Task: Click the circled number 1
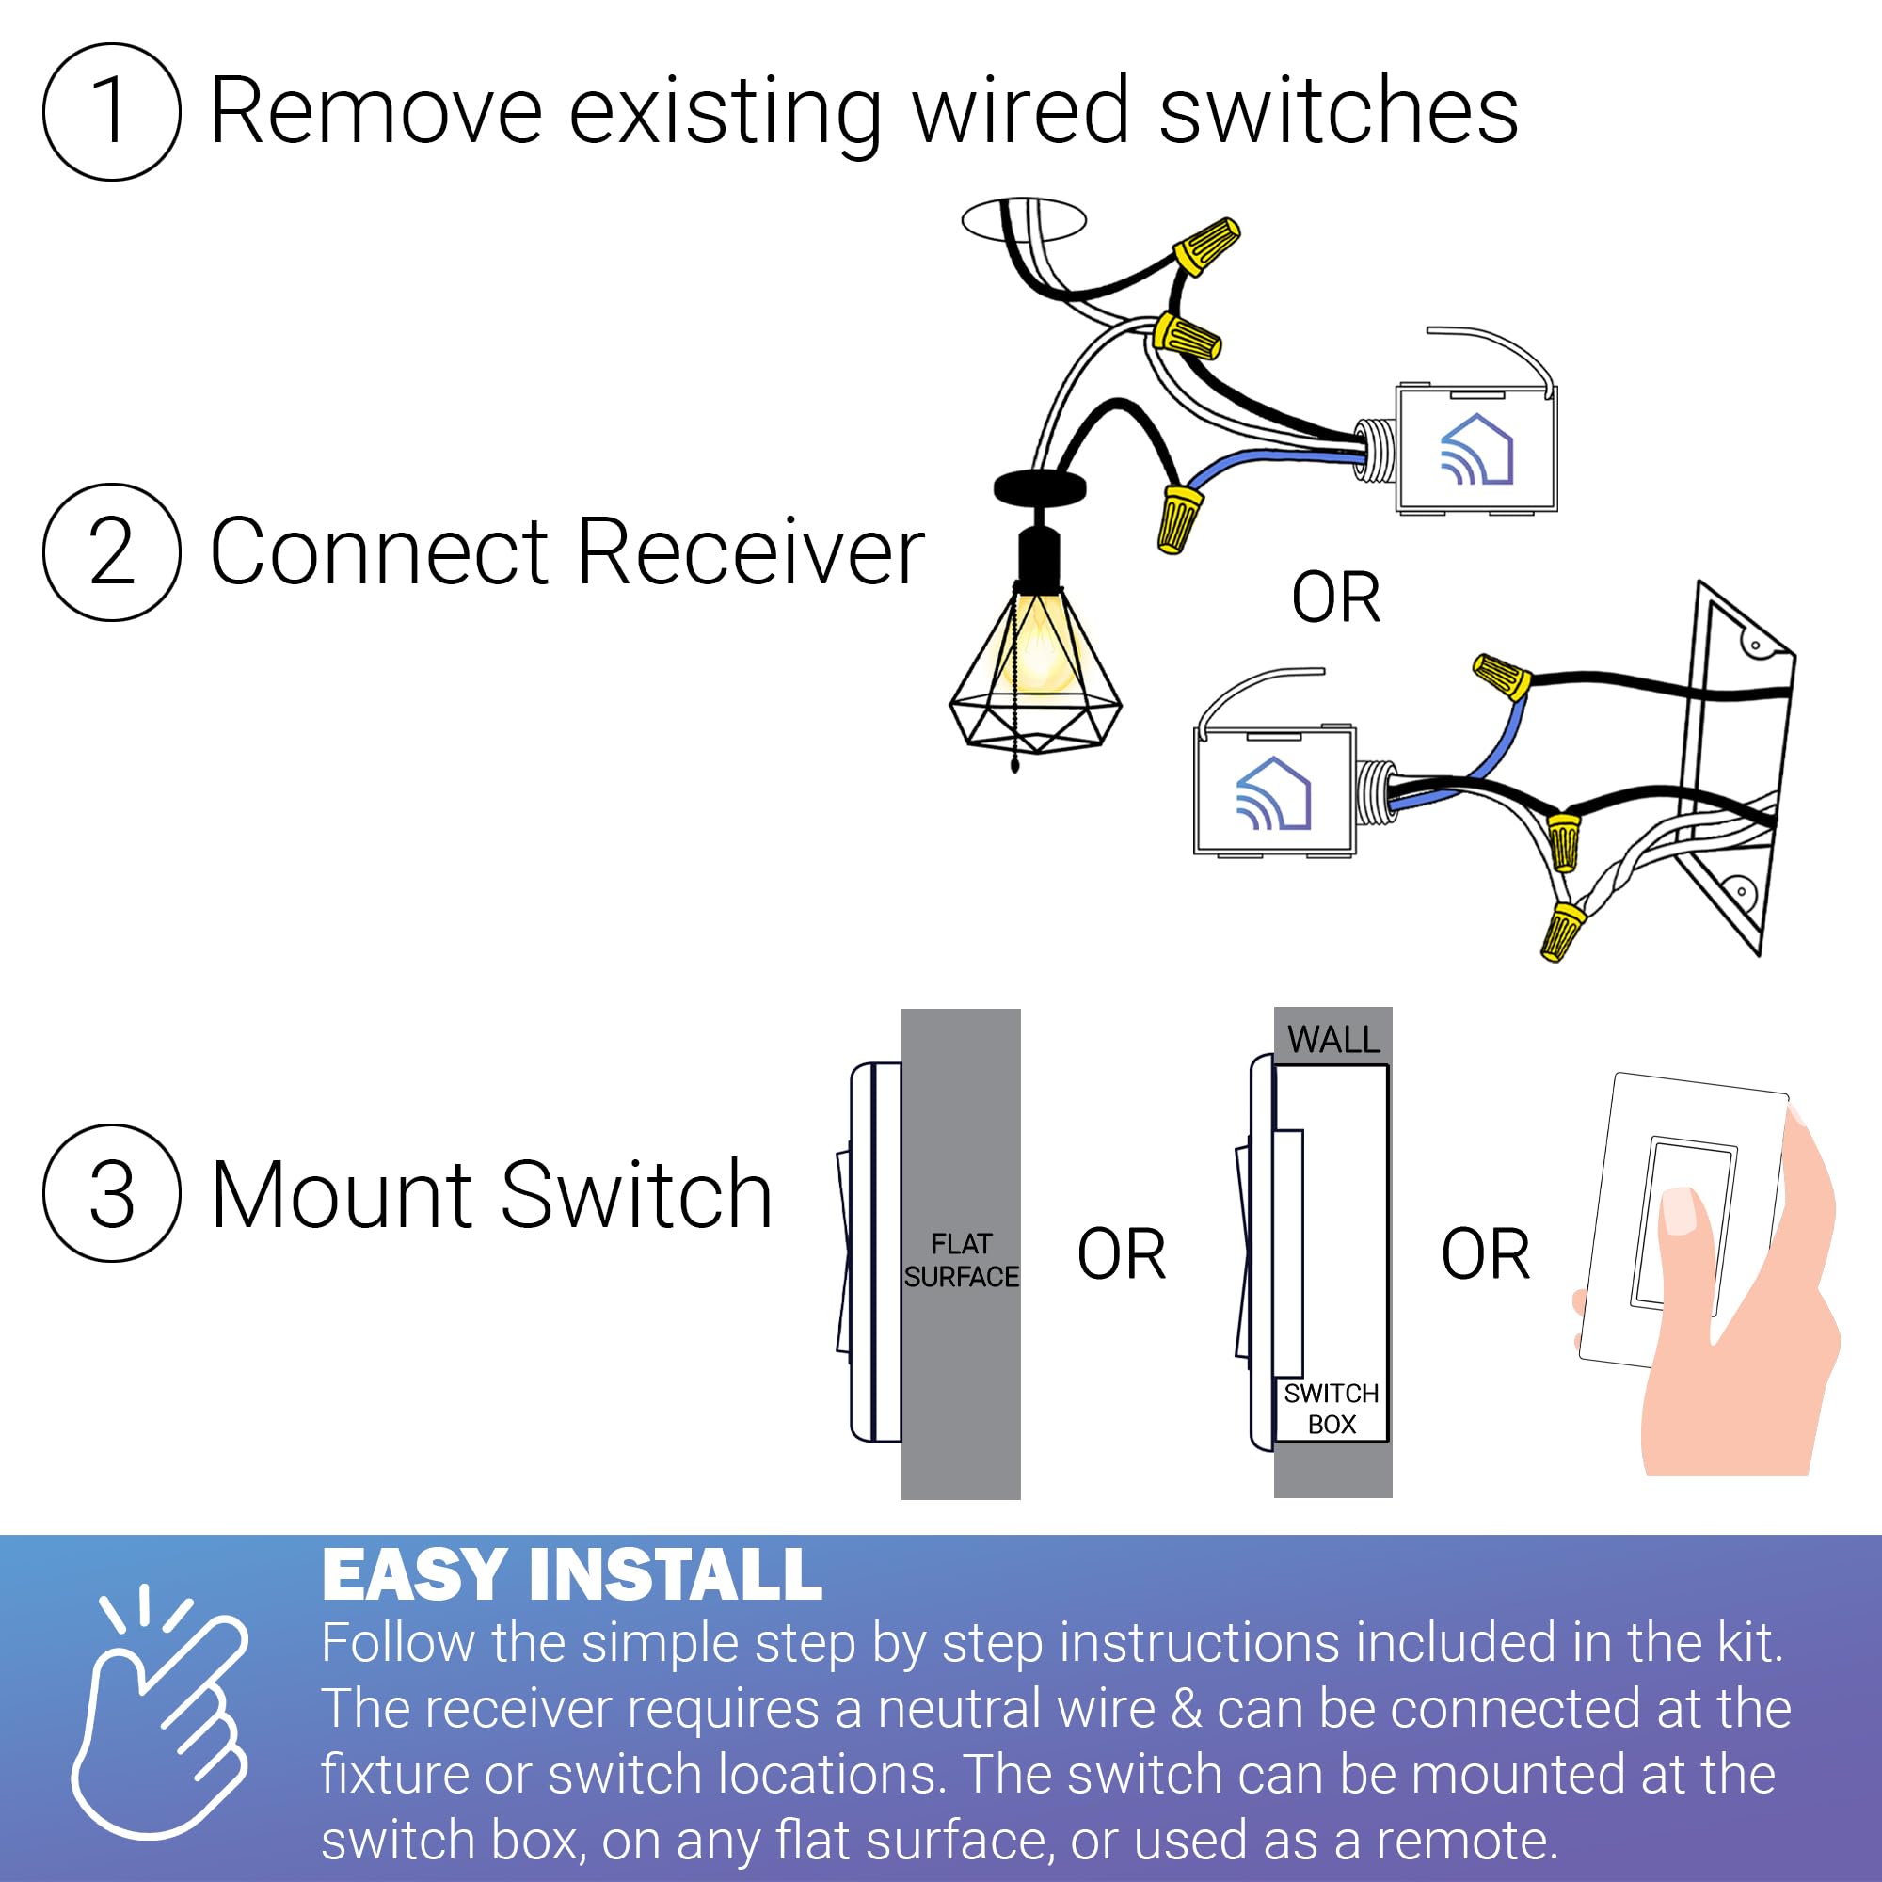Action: click(111, 111)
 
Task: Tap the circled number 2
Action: click(111, 551)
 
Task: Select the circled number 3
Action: click(111, 1193)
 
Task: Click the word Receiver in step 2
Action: click(750, 552)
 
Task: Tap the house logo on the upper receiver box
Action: click(1475, 449)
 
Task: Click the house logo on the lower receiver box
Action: click(1273, 794)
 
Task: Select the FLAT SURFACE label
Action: click(961, 1260)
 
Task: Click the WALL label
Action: click(1332, 1040)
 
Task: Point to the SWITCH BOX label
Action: click(1331, 1409)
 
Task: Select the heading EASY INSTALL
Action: click(572, 1575)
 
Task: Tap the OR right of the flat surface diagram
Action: click(1122, 1253)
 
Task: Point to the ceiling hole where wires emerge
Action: click(1023, 219)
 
